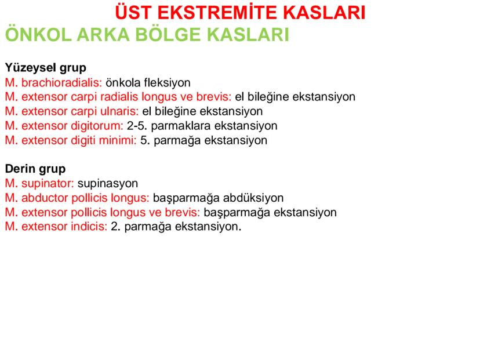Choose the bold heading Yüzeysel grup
[x=45, y=68]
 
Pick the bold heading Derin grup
[x=35, y=169]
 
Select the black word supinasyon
[x=108, y=184]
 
